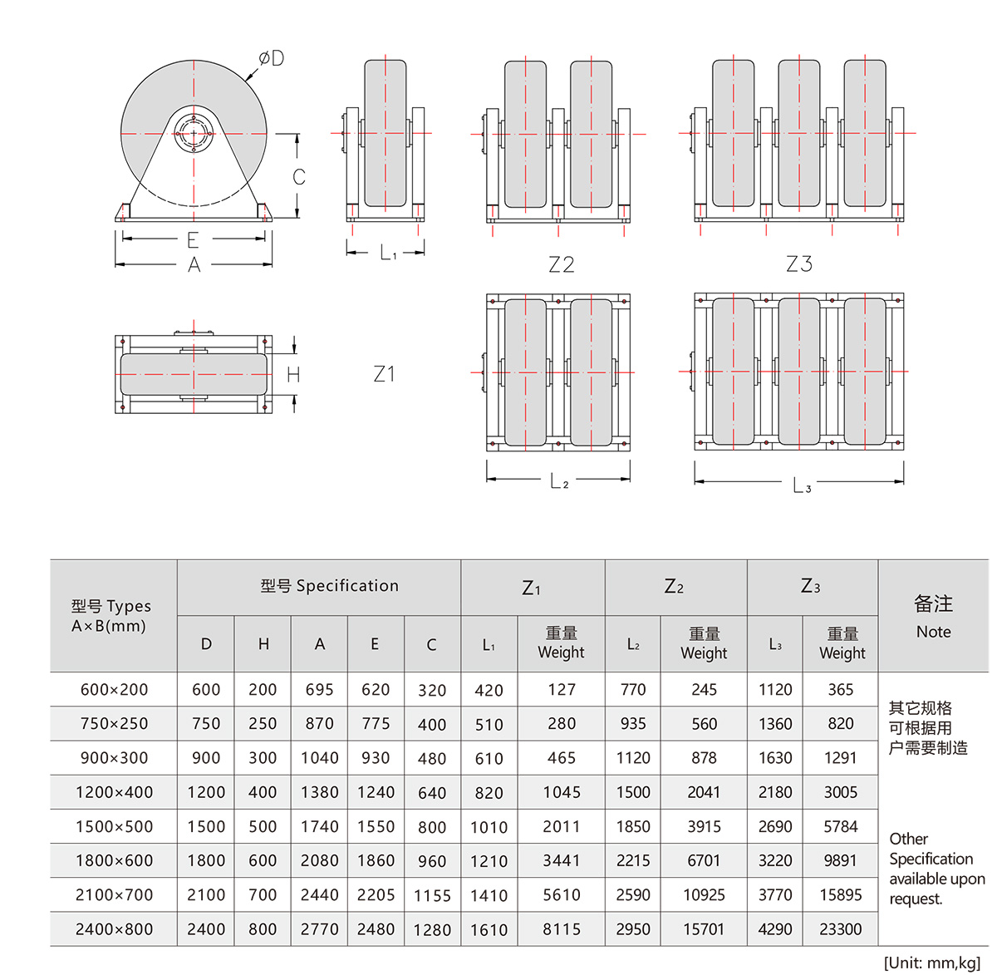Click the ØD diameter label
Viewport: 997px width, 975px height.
click(x=271, y=58)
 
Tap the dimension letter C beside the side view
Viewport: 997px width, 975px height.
click(x=299, y=177)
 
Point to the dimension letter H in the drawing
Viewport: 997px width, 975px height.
click(x=293, y=376)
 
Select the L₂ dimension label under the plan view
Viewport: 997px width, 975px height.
click(x=559, y=481)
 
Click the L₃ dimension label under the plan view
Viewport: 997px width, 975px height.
click(x=802, y=485)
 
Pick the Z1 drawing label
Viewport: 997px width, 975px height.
click(x=384, y=374)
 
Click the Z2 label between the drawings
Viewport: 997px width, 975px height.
click(x=562, y=264)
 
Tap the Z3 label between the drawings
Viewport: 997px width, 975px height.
click(x=799, y=263)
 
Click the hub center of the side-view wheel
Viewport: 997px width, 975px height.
click(x=194, y=134)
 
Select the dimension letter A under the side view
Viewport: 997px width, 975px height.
click(x=194, y=265)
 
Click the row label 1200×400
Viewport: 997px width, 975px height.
click(x=114, y=792)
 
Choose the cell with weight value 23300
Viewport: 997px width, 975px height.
click(x=840, y=929)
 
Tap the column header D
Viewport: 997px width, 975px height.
click(x=206, y=644)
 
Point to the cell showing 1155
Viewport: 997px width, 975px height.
click(x=432, y=896)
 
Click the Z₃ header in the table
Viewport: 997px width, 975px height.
click(x=811, y=587)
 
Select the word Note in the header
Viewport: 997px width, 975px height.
click(x=933, y=632)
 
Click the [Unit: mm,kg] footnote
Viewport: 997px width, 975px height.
click(x=931, y=963)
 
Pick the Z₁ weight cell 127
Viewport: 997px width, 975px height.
click(x=562, y=690)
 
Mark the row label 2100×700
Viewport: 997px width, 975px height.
click(x=114, y=895)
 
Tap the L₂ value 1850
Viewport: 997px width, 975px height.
click(x=633, y=827)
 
